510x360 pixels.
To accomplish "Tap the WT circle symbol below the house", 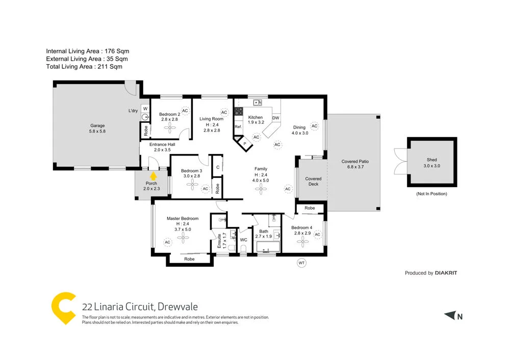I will (x=301, y=263).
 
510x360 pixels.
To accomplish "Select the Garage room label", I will (x=97, y=125).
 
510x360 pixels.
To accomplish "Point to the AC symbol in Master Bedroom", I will (x=167, y=242).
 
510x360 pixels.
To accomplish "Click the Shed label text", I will (x=431, y=160).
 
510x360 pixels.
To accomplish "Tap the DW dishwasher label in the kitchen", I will (x=275, y=118).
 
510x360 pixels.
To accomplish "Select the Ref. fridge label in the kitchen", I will (x=238, y=126).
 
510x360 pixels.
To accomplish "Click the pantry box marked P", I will (x=245, y=144).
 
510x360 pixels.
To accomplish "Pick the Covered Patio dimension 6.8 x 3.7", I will (x=354, y=167).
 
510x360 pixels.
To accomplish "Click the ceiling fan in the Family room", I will (x=261, y=189).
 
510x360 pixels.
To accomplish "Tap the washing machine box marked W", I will (x=145, y=109).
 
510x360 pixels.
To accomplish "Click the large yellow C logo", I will (x=64, y=307).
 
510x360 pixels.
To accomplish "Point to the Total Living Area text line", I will (x=84, y=67).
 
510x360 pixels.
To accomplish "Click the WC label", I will (x=244, y=239).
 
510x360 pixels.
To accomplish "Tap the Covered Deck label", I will (x=313, y=182).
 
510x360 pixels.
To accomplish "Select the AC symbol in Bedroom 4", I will (x=317, y=235).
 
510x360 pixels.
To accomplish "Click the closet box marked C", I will (x=217, y=167).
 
